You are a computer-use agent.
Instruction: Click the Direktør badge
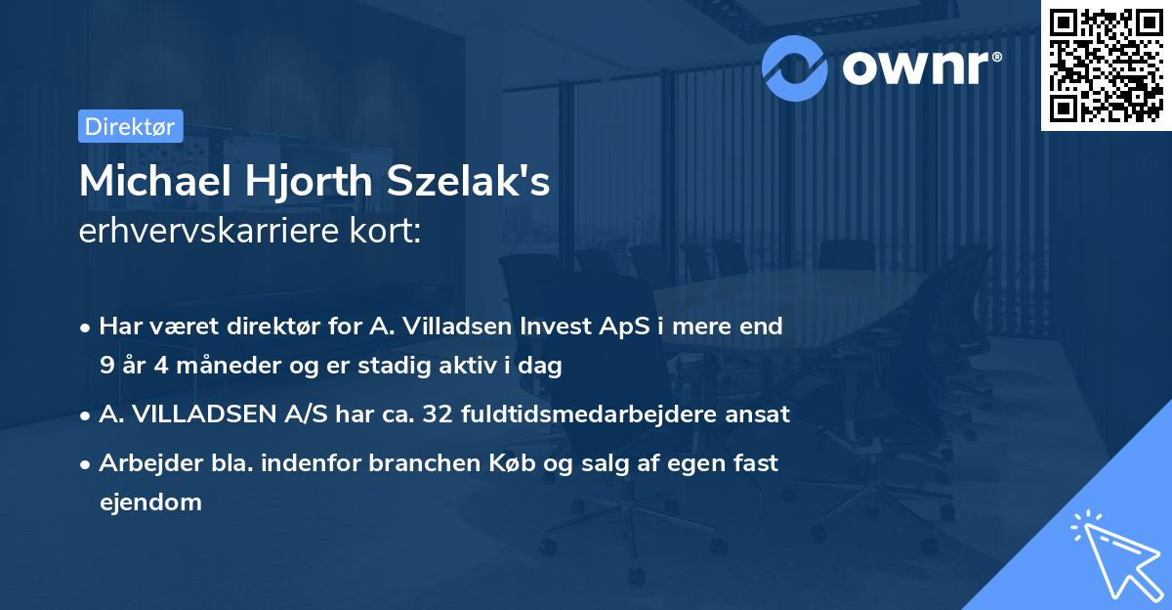[x=130, y=126]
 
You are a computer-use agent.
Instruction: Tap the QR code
[x=1106, y=65]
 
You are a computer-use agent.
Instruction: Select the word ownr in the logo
[x=919, y=67]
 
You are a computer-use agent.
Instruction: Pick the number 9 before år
[x=105, y=366]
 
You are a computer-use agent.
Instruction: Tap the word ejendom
[x=150, y=502]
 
